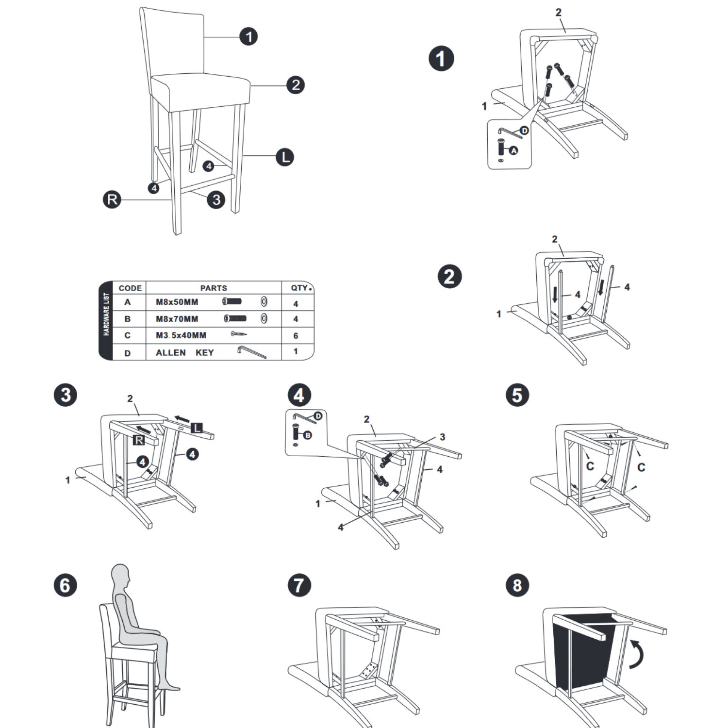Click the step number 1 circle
point(441,59)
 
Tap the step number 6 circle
point(65,585)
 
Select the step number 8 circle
point(517,585)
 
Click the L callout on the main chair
point(285,157)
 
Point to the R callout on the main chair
point(112,199)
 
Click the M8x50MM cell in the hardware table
point(177,302)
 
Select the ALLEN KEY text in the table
point(184,353)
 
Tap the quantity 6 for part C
point(296,336)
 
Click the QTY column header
point(299,288)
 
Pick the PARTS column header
point(214,288)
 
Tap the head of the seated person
point(120,575)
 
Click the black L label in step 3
point(197,428)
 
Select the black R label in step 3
point(139,440)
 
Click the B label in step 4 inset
point(307,435)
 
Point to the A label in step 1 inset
point(513,151)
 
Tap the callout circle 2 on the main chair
point(295,85)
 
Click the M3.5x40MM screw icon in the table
point(239,334)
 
